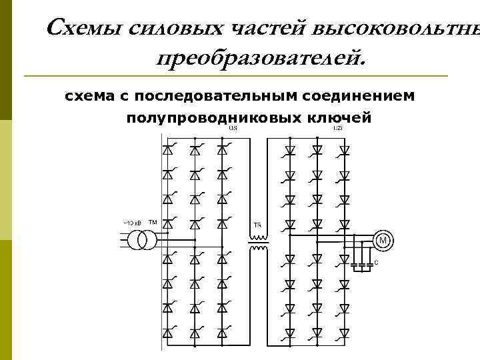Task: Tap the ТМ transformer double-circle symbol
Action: tap(140, 240)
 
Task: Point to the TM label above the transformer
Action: tap(153, 222)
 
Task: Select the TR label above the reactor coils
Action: tap(257, 224)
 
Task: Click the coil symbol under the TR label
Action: tap(258, 241)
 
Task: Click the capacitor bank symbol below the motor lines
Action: tap(361, 264)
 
